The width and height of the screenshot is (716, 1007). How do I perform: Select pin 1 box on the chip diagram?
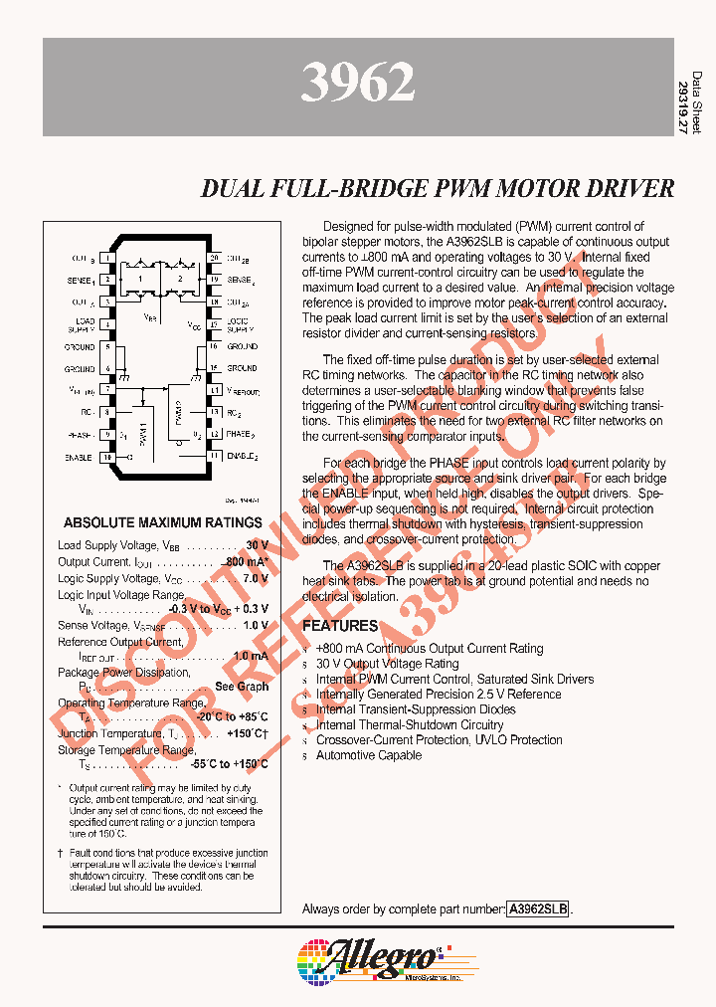pos(105,258)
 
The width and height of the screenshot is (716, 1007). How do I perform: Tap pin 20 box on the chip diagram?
pos(214,258)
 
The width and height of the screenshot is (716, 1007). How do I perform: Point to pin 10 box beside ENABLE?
pos(105,457)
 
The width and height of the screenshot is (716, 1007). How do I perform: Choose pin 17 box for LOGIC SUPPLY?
pos(214,324)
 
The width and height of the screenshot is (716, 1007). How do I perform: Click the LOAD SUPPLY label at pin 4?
pos(81,324)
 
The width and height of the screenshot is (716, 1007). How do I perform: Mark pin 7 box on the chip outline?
pos(105,391)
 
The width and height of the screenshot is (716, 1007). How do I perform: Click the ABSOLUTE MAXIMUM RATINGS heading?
pos(163,522)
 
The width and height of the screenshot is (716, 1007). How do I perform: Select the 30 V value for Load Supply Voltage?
pos(257,545)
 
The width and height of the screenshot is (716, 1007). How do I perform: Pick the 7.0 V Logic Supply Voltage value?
pos(256,578)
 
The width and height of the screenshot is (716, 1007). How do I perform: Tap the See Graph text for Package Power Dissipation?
pos(242,688)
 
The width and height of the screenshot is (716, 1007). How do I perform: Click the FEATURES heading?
pos(340,626)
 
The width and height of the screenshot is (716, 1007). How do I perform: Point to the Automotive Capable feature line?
pos(368,755)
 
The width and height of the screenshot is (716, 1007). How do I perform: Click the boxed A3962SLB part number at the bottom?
pos(538,909)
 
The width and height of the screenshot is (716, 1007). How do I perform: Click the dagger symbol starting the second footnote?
pos(60,853)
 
